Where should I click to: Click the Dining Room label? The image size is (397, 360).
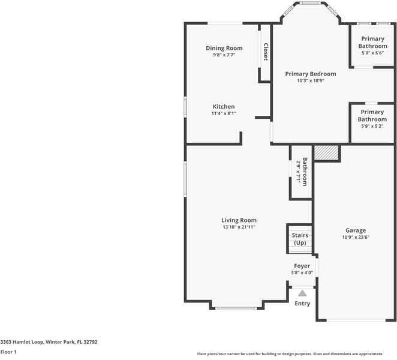click(x=224, y=48)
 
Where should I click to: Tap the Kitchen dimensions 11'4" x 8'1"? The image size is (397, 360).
click(x=224, y=113)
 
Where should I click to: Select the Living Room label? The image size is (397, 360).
click(x=239, y=220)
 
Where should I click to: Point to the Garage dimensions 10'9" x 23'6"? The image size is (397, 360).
click(x=356, y=238)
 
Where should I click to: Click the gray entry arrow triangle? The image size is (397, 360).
click(x=302, y=293)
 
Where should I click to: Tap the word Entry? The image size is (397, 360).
click(x=302, y=304)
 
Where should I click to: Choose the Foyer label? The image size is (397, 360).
click(x=302, y=266)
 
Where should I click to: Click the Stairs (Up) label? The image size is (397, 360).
click(x=300, y=239)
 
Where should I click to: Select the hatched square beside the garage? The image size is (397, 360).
click(x=326, y=153)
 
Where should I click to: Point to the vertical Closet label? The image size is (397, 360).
click(x=266, y=52)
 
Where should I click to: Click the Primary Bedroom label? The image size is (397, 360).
click(x=311, y=74)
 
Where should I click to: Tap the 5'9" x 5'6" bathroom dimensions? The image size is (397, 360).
click(x=372, y=53)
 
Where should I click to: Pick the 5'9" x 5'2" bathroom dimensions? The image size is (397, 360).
click(x=372, y=126)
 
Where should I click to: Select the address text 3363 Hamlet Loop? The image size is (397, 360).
click(x=23, y=342)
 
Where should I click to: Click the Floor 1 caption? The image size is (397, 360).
click(x=8, y=352)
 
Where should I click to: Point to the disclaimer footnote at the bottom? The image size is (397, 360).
click(x=290, y=354)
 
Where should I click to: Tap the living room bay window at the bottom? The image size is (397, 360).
click(x=236, y=308)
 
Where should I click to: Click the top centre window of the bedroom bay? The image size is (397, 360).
click(x=311, y=3)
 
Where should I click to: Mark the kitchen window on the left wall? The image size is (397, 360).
click(x=185, y=107)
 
